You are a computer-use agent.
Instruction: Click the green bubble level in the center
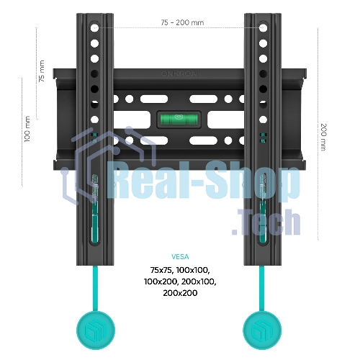tap(179, 120)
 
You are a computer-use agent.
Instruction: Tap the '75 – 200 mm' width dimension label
tap(182, 22)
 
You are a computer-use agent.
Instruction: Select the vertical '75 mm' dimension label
tap(42, 71)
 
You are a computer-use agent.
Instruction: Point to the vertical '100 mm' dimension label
tap(27, 129)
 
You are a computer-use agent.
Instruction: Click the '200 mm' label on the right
tap(324, 137)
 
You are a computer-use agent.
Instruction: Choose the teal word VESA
tap(180, 257)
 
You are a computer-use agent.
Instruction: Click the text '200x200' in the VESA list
tap(180, 293)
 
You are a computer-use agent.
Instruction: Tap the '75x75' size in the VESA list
tap(161, 270)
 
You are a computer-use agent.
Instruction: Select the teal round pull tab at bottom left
tap(96, 330)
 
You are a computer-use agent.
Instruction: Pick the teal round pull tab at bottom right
tap(262, 330)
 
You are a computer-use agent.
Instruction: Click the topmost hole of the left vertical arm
tap(95, 27)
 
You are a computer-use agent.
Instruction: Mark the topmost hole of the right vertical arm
tap(264, 27)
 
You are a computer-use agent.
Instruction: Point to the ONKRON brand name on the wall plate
tap(179, 73)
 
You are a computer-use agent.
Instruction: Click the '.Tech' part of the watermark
tap(266, 222)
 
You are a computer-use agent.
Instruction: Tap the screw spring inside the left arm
tap(95, 188)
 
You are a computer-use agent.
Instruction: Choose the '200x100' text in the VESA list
tap(199, 282)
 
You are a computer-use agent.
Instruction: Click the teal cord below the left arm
tap(95, 289)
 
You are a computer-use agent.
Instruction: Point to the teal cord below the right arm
tap(262, 289)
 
